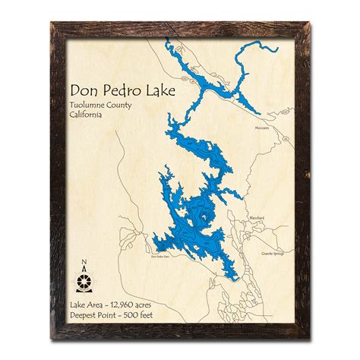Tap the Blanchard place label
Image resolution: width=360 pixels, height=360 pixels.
coord(258,218)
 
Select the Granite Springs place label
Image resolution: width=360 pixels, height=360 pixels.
coord(271,254)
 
